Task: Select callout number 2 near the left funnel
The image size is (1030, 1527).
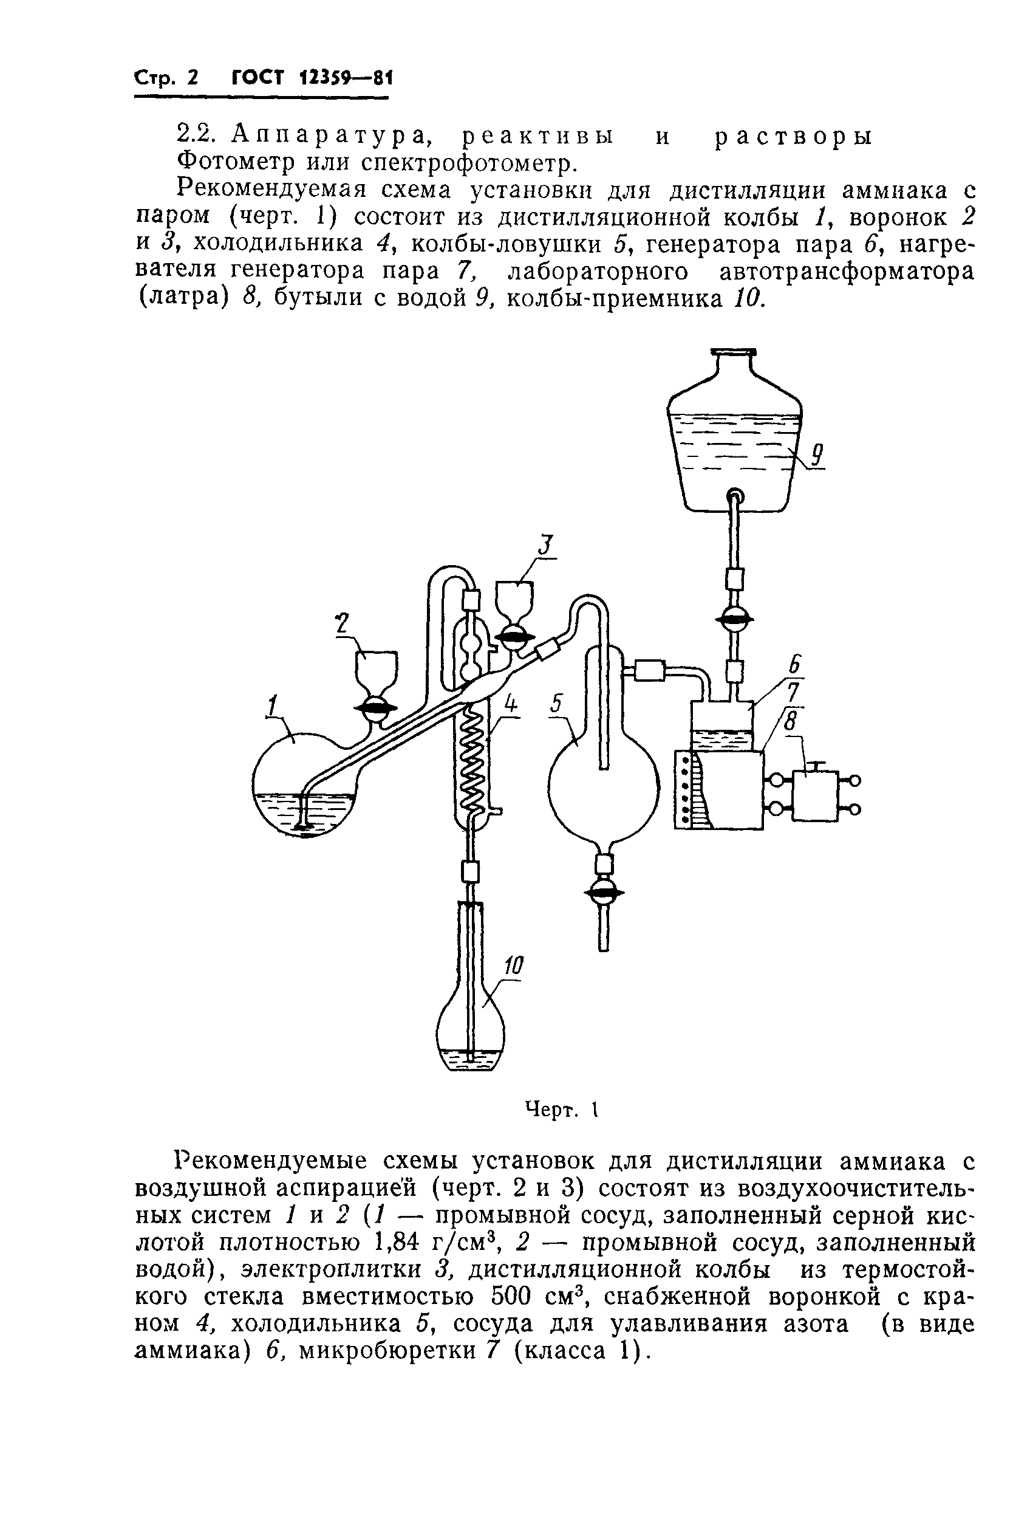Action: pos(341,623)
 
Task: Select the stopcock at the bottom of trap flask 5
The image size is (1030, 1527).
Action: pos(604,893)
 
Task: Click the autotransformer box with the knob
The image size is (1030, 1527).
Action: pos(815,795)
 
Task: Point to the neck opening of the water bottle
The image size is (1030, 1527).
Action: pos(734,354)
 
